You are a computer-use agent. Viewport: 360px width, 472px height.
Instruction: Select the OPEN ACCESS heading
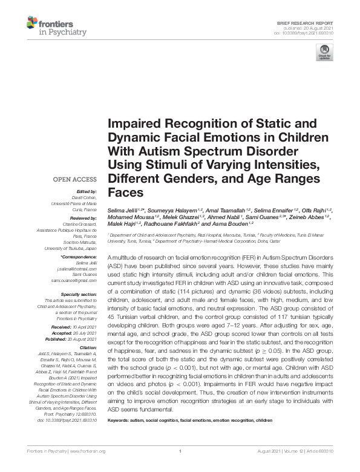tap(75, 180)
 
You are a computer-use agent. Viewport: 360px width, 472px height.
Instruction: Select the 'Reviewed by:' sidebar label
tap(83, 217)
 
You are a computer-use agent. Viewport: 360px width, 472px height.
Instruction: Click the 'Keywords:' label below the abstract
tap(121, 419)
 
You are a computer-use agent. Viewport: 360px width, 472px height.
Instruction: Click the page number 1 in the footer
tap(180, 451)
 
